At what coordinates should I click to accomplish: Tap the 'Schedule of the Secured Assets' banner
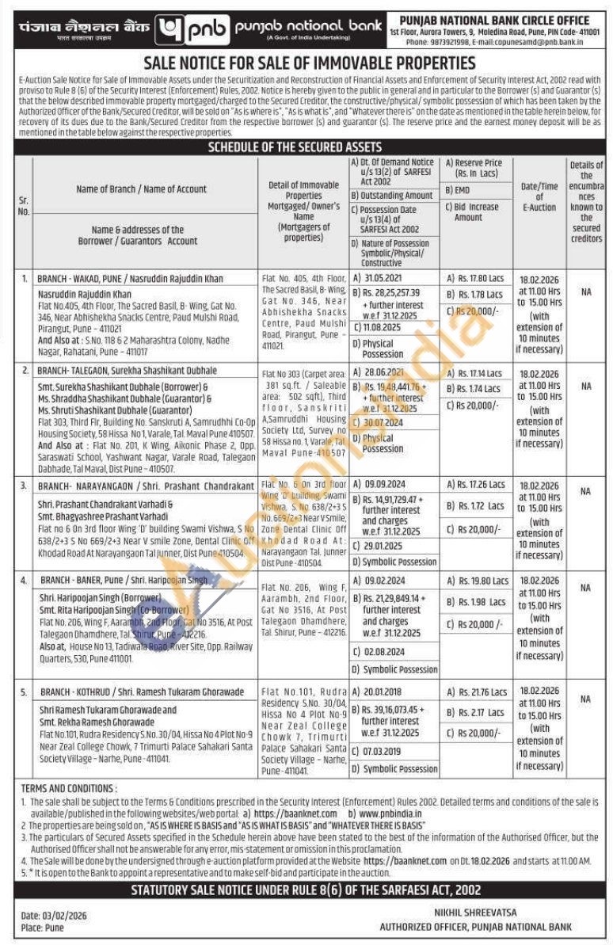pyautogui.click(x=306, y=147)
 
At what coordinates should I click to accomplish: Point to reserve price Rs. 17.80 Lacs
pyautogui.click(x=481, y=278)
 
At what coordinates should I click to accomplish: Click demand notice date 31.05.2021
pyautogui.click(x=387, y=278)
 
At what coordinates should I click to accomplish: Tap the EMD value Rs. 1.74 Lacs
pyautogui.click(x=480, y=389)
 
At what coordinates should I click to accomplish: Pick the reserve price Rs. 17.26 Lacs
pyautogui.click(x=481, y=484)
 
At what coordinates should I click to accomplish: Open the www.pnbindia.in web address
pyautogui.click(x=390, y=813)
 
